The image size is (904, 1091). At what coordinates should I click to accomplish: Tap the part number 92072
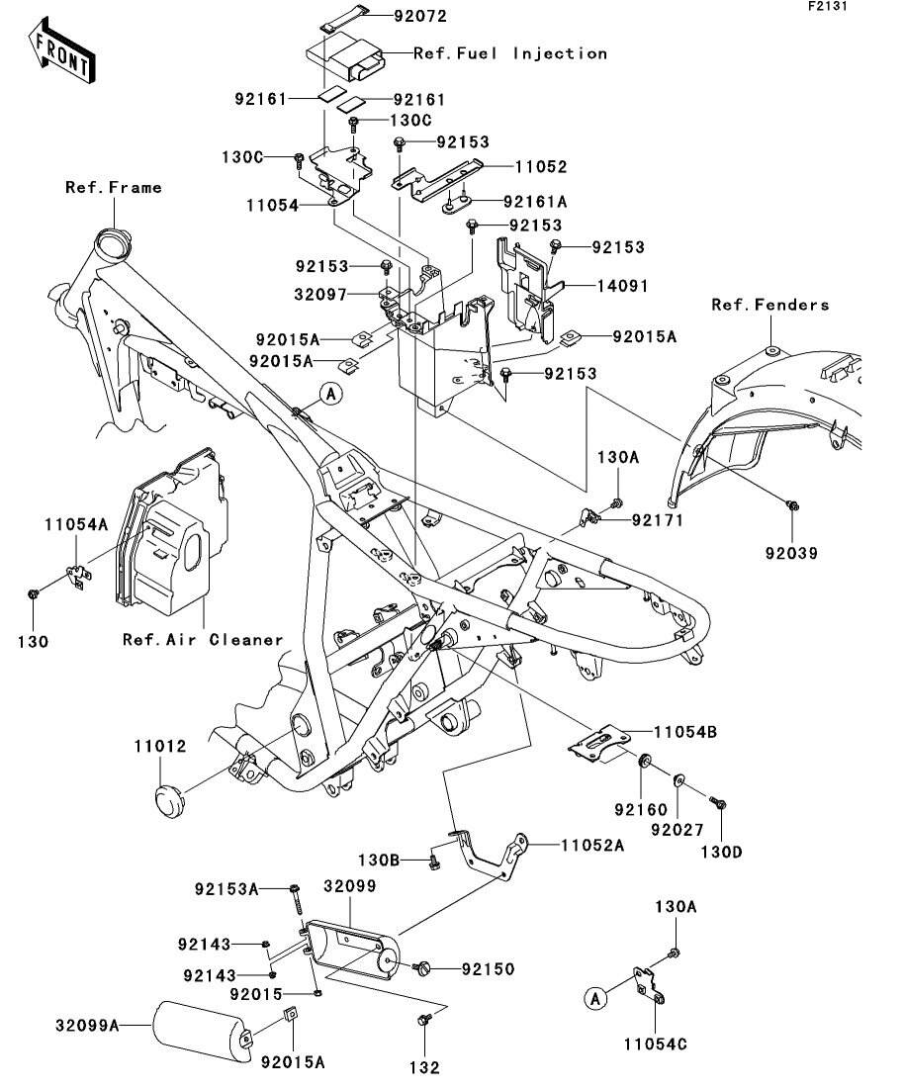tap(393, 17)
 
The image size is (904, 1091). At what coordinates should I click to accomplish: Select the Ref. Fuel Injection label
tap(509, 53)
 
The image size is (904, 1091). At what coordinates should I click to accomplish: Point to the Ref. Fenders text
tap(770, 305)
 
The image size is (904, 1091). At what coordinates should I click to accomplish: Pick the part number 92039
tap(790, 554)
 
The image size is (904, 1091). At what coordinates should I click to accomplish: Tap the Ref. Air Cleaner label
tap(203, 639)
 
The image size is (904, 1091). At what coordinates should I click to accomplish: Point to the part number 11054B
tap(684, 732)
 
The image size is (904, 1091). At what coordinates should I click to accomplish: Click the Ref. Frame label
tap(114, 187)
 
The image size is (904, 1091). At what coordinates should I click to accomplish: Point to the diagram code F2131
tap(829, 7)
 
